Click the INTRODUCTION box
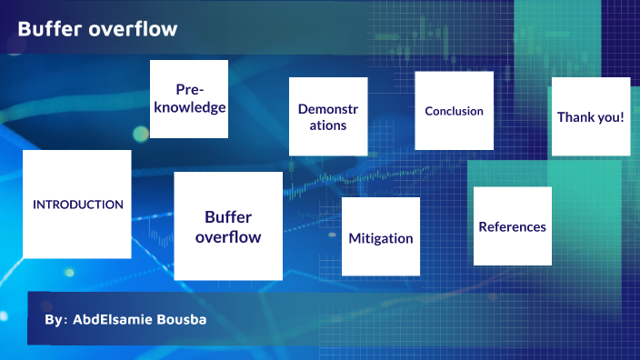pyautogui.click(x=77, y=205)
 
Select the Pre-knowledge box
pyautogui.click(x=188, y=99)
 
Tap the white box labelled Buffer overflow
pyautogui.click(x=228, y=225)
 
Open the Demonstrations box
pyautogui.click(x=328, y=116)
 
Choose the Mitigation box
pyautogui.click(x=380, y=236)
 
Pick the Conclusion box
pyautogui.click(x=454, y=111)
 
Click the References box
pyautogui.click(x=513, y=226)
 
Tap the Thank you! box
pyautogui.click(x=590, y=116)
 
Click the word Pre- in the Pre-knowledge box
pyautogui.click(x=189, y=89)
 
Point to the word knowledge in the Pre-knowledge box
pyautogui.click(x=188, y=107)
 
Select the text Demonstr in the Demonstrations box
pyautogui.click(x=328, y=109)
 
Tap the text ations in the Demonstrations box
pyautogui.click(x=328, y=125)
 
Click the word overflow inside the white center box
pyautogui.click(x=228, y=237)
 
